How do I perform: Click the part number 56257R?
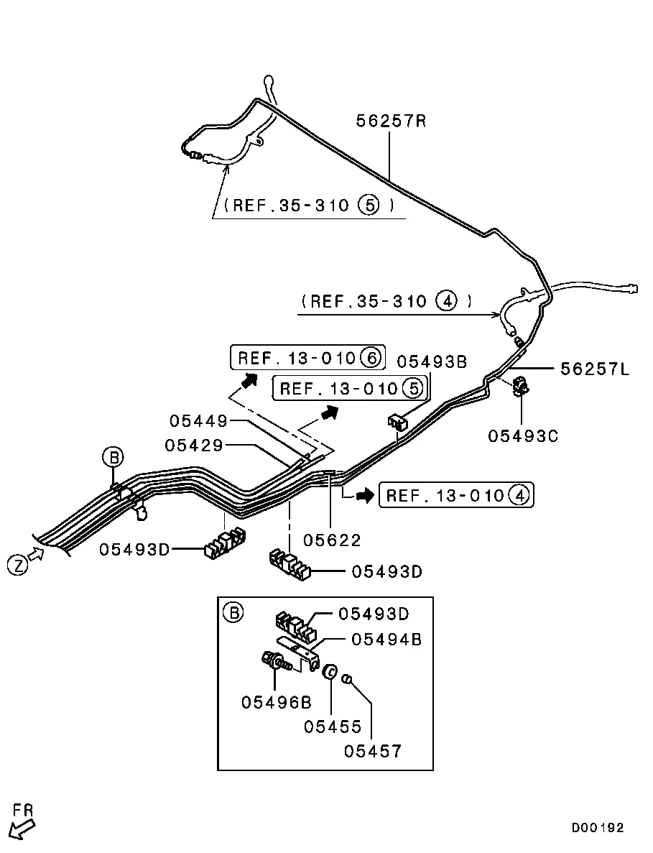coord(391,120)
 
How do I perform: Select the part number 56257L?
coord(595,369)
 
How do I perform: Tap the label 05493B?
coord(432,361)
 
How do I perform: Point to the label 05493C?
coord(522,435)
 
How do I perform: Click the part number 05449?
coord(198,420)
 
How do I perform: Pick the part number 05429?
coord(194,445)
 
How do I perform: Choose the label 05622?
coord(332,540)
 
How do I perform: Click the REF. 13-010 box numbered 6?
coord(307,357)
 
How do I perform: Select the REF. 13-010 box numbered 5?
coord(350,388)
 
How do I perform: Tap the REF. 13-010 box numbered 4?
coord(456,495)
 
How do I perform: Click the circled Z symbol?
coord(18,566)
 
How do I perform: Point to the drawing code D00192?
coord(598,827)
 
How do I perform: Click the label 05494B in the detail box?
coord(386,639)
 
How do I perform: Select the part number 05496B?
coord(276,702)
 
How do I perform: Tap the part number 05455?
coord(332,727)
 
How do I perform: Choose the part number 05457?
coord(372,751)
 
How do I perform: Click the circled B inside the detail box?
coord(233,613)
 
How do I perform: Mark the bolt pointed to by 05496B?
coord(277,661)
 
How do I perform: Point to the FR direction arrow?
coord(22,829)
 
